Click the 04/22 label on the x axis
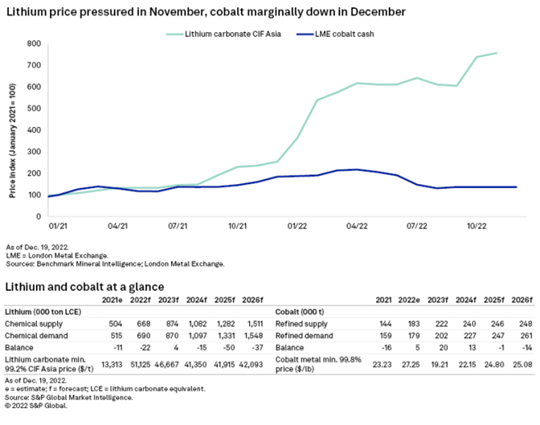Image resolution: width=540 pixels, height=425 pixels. [356, 227]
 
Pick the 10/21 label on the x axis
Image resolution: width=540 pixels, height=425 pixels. [237, 227]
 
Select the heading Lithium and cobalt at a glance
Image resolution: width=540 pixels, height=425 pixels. [85, 286]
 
